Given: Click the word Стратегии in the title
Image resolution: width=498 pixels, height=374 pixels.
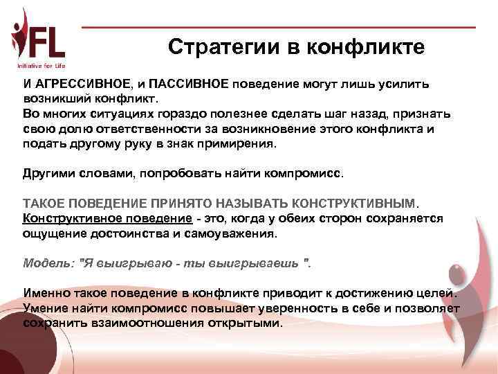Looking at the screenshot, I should [221, 46].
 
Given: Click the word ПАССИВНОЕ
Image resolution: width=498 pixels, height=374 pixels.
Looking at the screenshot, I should [189, 83].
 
